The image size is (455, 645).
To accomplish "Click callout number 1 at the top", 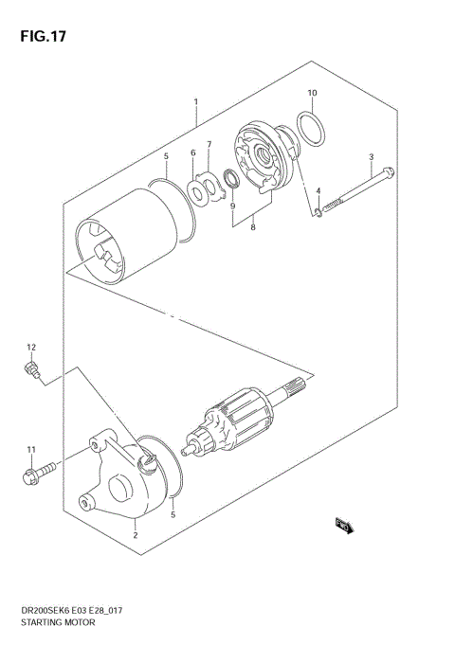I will (x=195, y=101).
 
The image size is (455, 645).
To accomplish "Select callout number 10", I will (x=312, y=93).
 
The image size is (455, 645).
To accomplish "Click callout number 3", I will (x=372, y=156).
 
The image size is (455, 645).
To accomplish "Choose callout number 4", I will (x=319, y=190).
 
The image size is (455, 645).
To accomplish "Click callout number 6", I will (x=192, y=152).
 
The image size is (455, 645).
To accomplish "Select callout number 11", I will (x=30, y=449).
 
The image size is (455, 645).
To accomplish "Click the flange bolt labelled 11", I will (x=36, y=471).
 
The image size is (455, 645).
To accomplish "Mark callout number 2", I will (x=135, y=536).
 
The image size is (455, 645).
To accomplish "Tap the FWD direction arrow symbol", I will (x=342, y=524).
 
